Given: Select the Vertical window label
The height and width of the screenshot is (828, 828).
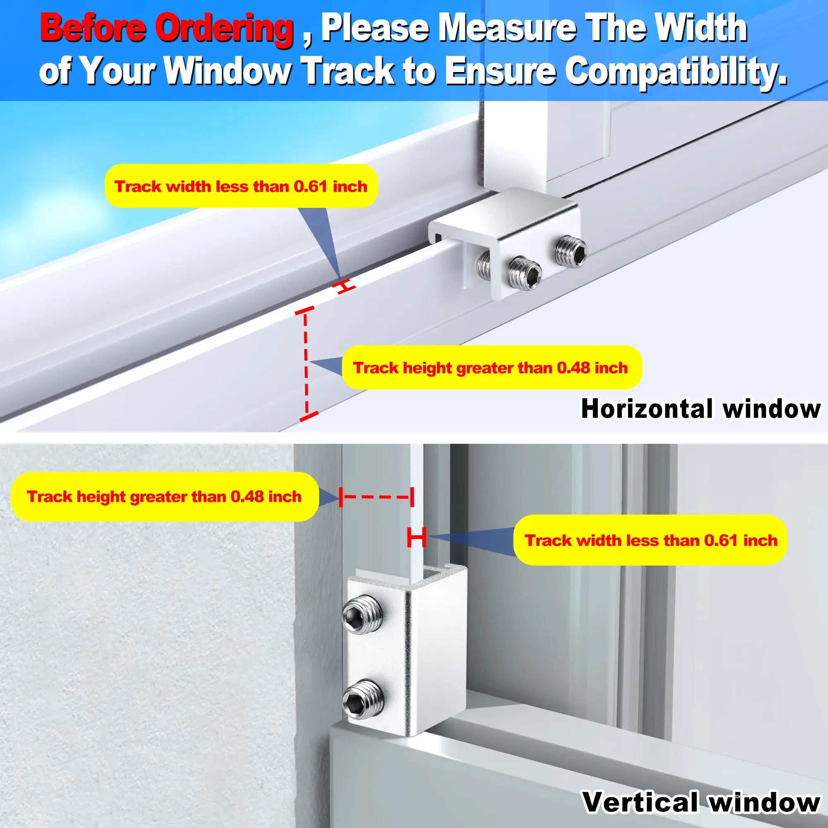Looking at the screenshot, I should (x=701, y=802).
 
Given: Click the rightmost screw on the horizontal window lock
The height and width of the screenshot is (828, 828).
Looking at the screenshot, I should (x=570, y=251).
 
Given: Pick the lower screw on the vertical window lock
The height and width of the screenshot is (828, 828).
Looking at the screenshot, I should (x=362, y=698).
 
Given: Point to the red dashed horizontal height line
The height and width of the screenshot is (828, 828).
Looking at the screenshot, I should (x=376, y=497).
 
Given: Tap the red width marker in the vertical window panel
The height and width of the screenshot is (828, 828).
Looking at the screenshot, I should (x=416, y=537).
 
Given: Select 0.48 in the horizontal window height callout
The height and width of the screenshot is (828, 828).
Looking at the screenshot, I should (x=573, y=368).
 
